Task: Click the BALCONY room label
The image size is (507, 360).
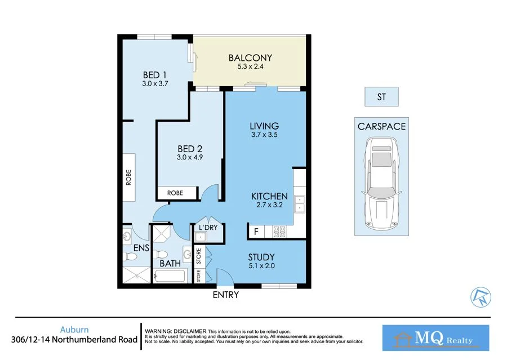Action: point(250,58)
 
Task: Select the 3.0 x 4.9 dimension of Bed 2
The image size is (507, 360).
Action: point(188,158)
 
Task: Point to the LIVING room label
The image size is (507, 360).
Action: point(264,126)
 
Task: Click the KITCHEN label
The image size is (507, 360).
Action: point(269,196)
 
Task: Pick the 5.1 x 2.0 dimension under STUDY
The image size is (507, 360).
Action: point(261,266)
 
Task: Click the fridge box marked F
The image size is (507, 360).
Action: point(256,231)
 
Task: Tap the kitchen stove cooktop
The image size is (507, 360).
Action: point(279,231)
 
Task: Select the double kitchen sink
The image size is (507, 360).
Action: point(299,202)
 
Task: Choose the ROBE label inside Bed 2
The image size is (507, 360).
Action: point(175,193)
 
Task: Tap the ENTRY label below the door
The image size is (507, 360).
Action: point(225,295)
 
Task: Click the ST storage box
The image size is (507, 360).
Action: point(381,97)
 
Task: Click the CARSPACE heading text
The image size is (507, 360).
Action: point(381,126)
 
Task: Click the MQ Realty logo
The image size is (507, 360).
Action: point(436,338)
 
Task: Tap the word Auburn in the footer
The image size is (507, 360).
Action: point(74,330)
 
